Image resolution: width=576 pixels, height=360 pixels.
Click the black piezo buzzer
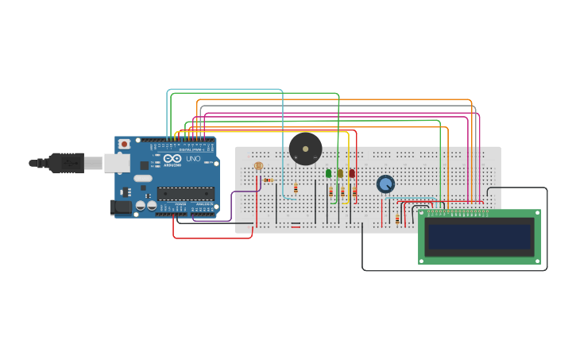point(305,149)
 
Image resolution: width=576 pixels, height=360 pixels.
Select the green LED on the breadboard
point(328,173)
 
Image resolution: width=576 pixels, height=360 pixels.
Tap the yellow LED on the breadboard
point(340,173)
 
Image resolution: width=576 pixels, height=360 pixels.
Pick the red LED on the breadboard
point(352,173)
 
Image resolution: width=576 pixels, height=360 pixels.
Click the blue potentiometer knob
point(385,184)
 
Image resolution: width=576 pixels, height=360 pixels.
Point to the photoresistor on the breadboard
point(258,167)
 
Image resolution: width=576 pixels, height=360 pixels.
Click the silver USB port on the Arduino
point(116,163)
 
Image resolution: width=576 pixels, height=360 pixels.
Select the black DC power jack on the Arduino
point(120,207)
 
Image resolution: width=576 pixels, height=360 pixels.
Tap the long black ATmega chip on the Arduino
point(186,193)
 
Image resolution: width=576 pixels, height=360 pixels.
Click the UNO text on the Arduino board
point(193,159)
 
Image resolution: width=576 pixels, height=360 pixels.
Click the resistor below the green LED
point(331,192)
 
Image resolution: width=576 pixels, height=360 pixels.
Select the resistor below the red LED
point(354,192)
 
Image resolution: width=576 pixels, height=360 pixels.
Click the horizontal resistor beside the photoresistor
point(269,180)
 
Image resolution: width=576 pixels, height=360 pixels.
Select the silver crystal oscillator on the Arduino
point(143,178)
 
